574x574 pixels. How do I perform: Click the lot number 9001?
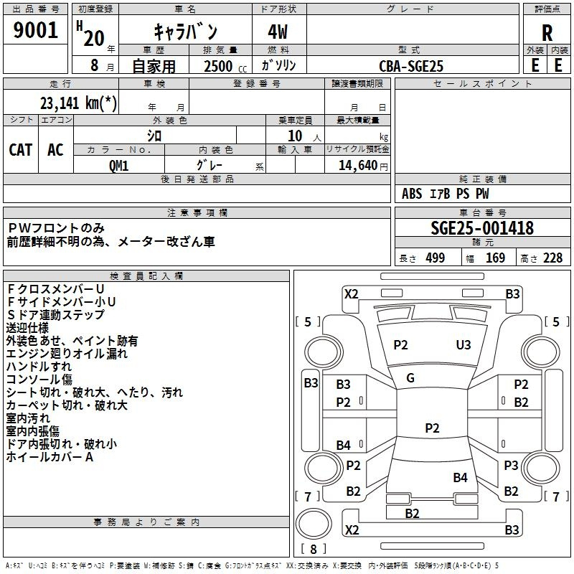pos(35,30)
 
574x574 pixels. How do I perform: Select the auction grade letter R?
pos(547,33)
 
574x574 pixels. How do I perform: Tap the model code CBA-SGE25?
pos(411,66)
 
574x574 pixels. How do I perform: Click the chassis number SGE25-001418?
pos(482,227)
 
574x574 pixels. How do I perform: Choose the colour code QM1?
pos(118,166)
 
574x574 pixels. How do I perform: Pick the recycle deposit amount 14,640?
pos(357,166)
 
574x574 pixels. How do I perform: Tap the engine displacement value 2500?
pos(218,66)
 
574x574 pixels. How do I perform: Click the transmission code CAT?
pos(21,150)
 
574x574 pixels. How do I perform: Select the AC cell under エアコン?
pos(56,150)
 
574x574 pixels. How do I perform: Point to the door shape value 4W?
pos(278,32)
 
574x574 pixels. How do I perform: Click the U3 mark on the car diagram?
pos(464,345)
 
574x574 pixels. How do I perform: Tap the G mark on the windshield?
pos(410,378)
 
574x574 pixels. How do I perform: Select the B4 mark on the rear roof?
pos(460,477)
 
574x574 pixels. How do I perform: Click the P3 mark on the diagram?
pos(511,465)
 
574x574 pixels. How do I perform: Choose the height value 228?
pos(552,258)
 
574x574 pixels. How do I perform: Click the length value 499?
pos(436,258)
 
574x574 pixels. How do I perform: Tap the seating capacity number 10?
pos(295,136)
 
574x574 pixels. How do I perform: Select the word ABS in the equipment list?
pos(412,194)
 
